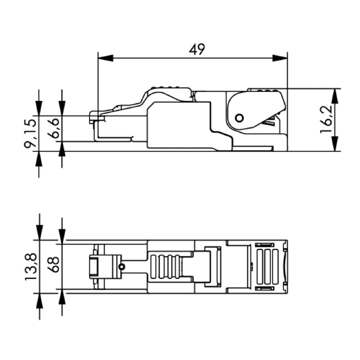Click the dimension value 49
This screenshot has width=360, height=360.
(x=197, y=49)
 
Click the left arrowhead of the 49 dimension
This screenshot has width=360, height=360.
(x=105, y=58)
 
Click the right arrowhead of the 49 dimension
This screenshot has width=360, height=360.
(x=280, y=58)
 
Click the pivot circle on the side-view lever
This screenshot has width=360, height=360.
(x=239, y=118)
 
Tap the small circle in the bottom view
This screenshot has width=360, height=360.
(x=121, y=267)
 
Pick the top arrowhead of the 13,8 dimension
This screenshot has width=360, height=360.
(x=40, y=233)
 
